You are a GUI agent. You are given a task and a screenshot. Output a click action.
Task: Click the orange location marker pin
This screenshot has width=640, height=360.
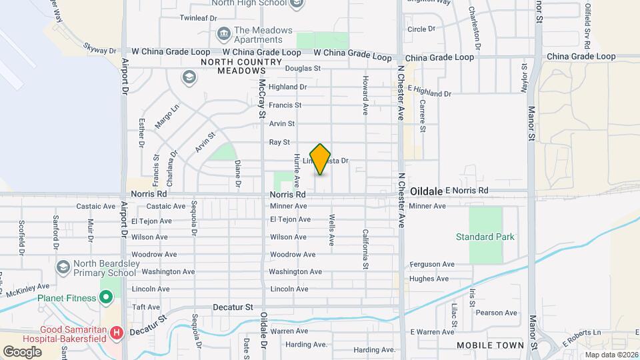tap(320, 159)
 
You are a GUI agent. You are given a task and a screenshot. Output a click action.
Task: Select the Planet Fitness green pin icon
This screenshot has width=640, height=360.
tap(106, 297)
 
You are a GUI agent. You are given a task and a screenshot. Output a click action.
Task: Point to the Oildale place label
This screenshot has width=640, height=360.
tap(426, 191)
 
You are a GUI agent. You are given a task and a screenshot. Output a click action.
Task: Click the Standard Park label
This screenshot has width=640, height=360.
tap(485, 237)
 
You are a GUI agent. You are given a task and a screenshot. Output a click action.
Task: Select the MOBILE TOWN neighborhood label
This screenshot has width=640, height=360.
tap(490, 345)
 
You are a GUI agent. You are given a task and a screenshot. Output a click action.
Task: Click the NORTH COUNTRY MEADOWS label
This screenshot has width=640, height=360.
tap(233, 66)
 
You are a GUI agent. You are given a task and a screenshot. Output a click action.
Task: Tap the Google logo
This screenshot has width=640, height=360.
tap(22, 351)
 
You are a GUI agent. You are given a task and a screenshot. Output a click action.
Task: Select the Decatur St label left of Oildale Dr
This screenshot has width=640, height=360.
tap(233, 307)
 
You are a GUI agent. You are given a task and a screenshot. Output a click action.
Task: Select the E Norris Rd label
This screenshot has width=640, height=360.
tap(467, 191)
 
